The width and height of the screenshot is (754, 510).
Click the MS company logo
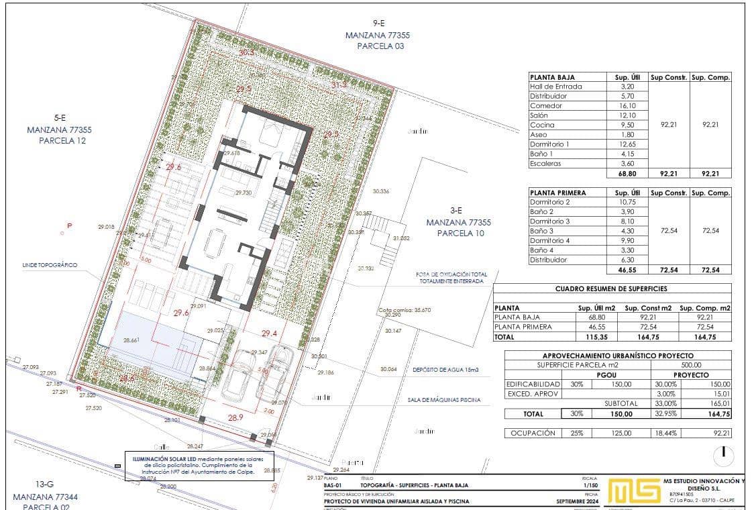tap(633, 491)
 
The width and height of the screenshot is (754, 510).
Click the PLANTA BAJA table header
tap(552, 77)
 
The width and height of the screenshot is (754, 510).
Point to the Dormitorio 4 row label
tap(549, 240)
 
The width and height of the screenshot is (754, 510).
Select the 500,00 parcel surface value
tap(692, 365)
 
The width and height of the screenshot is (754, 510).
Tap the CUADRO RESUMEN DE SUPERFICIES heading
tap(612, 289)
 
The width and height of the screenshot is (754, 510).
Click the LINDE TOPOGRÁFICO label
tap(50, 265)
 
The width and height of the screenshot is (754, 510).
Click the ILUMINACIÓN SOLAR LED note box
tap(198, 464)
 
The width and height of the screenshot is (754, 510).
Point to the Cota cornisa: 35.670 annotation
tap(404, 310)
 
